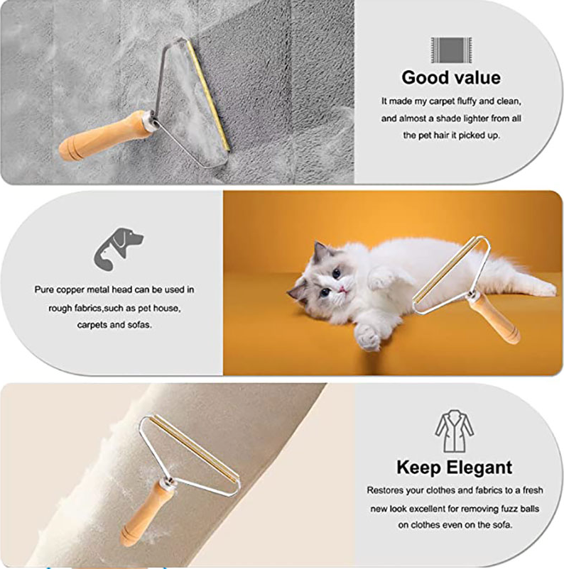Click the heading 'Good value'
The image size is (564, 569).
tap(450, 77)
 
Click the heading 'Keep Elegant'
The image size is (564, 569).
tap(453, 468)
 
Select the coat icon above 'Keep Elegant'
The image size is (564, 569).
tap(454, 432)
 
